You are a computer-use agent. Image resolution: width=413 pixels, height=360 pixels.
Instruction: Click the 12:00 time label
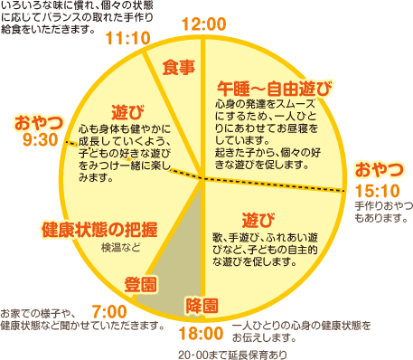coord(204,24)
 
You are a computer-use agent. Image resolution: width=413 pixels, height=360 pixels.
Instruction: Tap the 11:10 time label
coord(128,38)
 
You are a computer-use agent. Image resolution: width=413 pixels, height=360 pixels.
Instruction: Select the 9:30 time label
coord(41,140)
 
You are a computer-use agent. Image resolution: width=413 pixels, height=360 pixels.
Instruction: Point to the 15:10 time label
coord(377,191)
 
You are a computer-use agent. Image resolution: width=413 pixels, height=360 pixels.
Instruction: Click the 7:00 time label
coord(109,312)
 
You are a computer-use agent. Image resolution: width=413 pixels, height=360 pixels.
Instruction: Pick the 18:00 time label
coord(201,334)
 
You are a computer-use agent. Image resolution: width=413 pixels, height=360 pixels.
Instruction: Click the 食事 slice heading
coord(179,67)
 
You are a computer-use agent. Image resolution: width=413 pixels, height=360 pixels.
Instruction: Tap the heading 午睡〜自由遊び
coord(275,89)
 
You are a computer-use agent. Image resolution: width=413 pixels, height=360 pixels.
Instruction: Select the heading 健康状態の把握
coord(99,230)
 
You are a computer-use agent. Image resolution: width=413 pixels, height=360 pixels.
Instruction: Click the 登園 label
coord(141,285)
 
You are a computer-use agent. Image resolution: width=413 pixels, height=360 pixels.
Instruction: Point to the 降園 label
coord(202,306)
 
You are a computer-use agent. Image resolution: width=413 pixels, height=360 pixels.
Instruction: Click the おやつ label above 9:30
coord(39,123)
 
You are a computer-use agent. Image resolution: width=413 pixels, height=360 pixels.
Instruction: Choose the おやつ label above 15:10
coord(379,169)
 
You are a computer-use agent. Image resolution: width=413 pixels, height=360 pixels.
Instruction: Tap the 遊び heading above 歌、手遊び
coord(258,220)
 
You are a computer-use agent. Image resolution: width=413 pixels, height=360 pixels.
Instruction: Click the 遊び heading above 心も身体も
coord(127,112)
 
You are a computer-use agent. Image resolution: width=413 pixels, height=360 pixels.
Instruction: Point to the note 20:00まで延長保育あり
coord(232,355)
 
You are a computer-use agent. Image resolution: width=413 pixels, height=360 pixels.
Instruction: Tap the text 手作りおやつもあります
coord(383,212)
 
